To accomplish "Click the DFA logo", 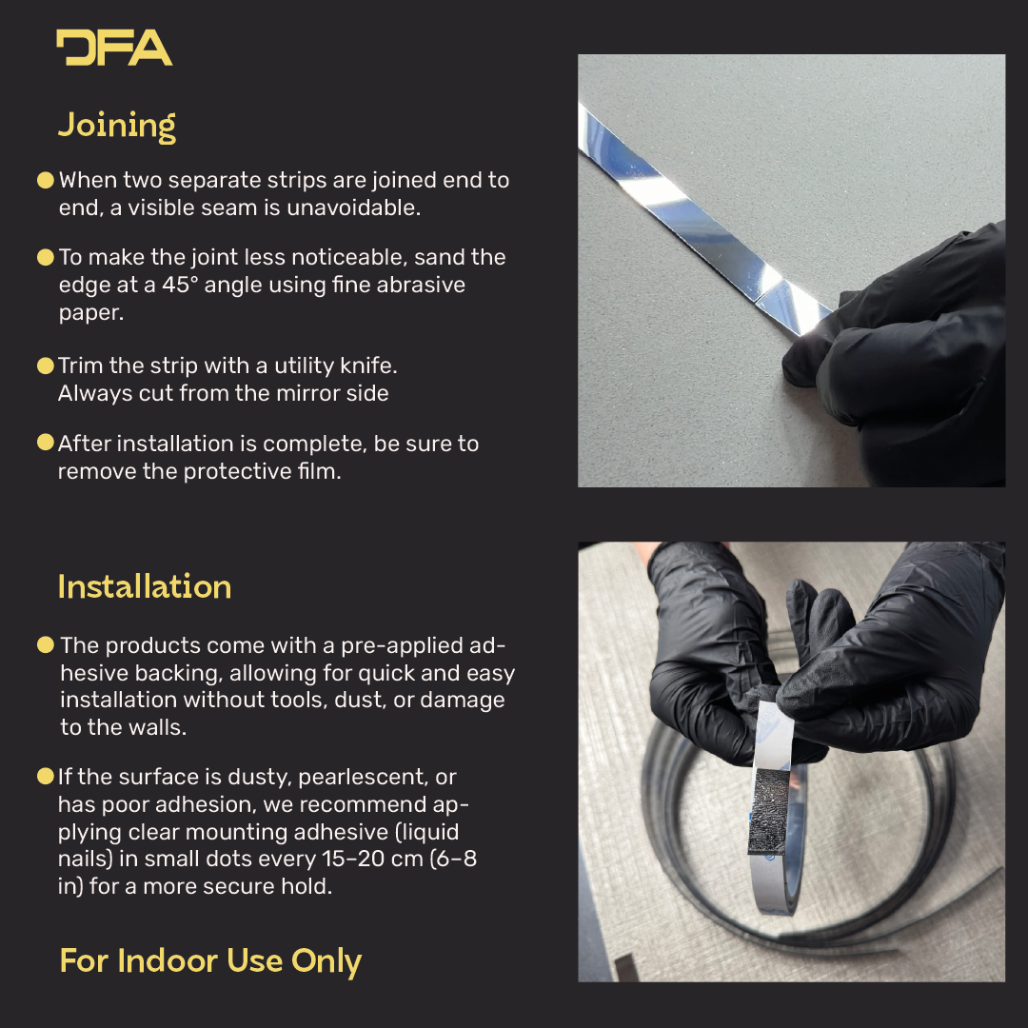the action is pos(114,48).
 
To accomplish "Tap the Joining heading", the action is pos(117,126).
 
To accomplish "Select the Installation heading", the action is pos(145,586).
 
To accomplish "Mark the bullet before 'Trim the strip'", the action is pos(46,366).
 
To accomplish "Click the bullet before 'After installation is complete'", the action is pos(46,443).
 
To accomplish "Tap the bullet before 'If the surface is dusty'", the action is pos(46,777).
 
